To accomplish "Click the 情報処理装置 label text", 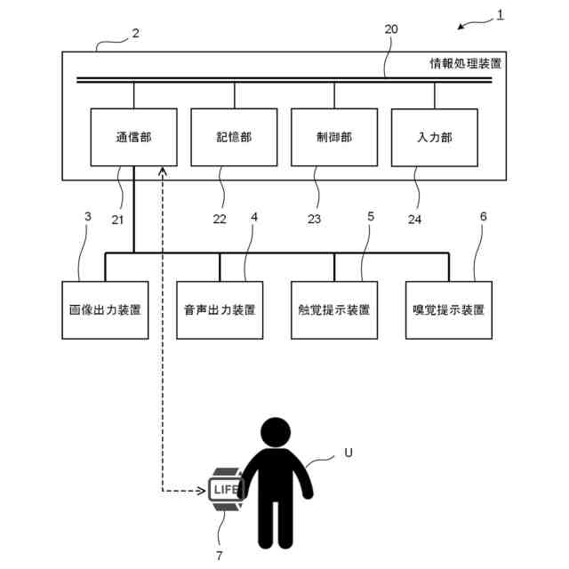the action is (x=466, y=63).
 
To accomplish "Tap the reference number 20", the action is (x=391, y=29).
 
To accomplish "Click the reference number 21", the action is (x=117, y=220).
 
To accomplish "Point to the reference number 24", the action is (x=414, y=220).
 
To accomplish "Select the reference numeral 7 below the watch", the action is (x=220, y=555).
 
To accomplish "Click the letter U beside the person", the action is (x=349, y=453).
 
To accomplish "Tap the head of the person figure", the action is (x=276, y=432).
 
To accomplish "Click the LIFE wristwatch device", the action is (x=226, y=489).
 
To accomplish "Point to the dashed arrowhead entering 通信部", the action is (x=163, y=171).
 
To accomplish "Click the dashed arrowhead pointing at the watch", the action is (x=202, y=491).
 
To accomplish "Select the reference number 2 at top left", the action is (x=136, y=34).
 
